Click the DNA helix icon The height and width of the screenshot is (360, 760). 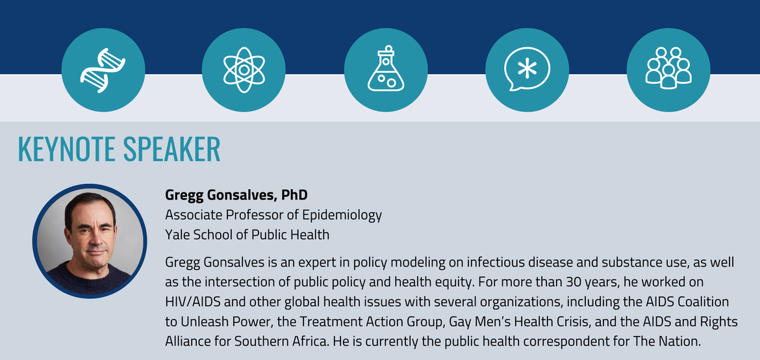click(103, 70)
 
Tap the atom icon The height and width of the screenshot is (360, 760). click(244, 70)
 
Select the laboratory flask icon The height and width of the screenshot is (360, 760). click(386, 68)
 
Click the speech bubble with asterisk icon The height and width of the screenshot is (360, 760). click(527, 70)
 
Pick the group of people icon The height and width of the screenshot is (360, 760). click(668, 68)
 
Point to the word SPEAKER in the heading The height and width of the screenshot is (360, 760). click(171, 149)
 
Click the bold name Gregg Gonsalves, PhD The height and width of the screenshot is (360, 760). click(236, 195)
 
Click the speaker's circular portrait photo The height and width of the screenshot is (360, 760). click(90, 241)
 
